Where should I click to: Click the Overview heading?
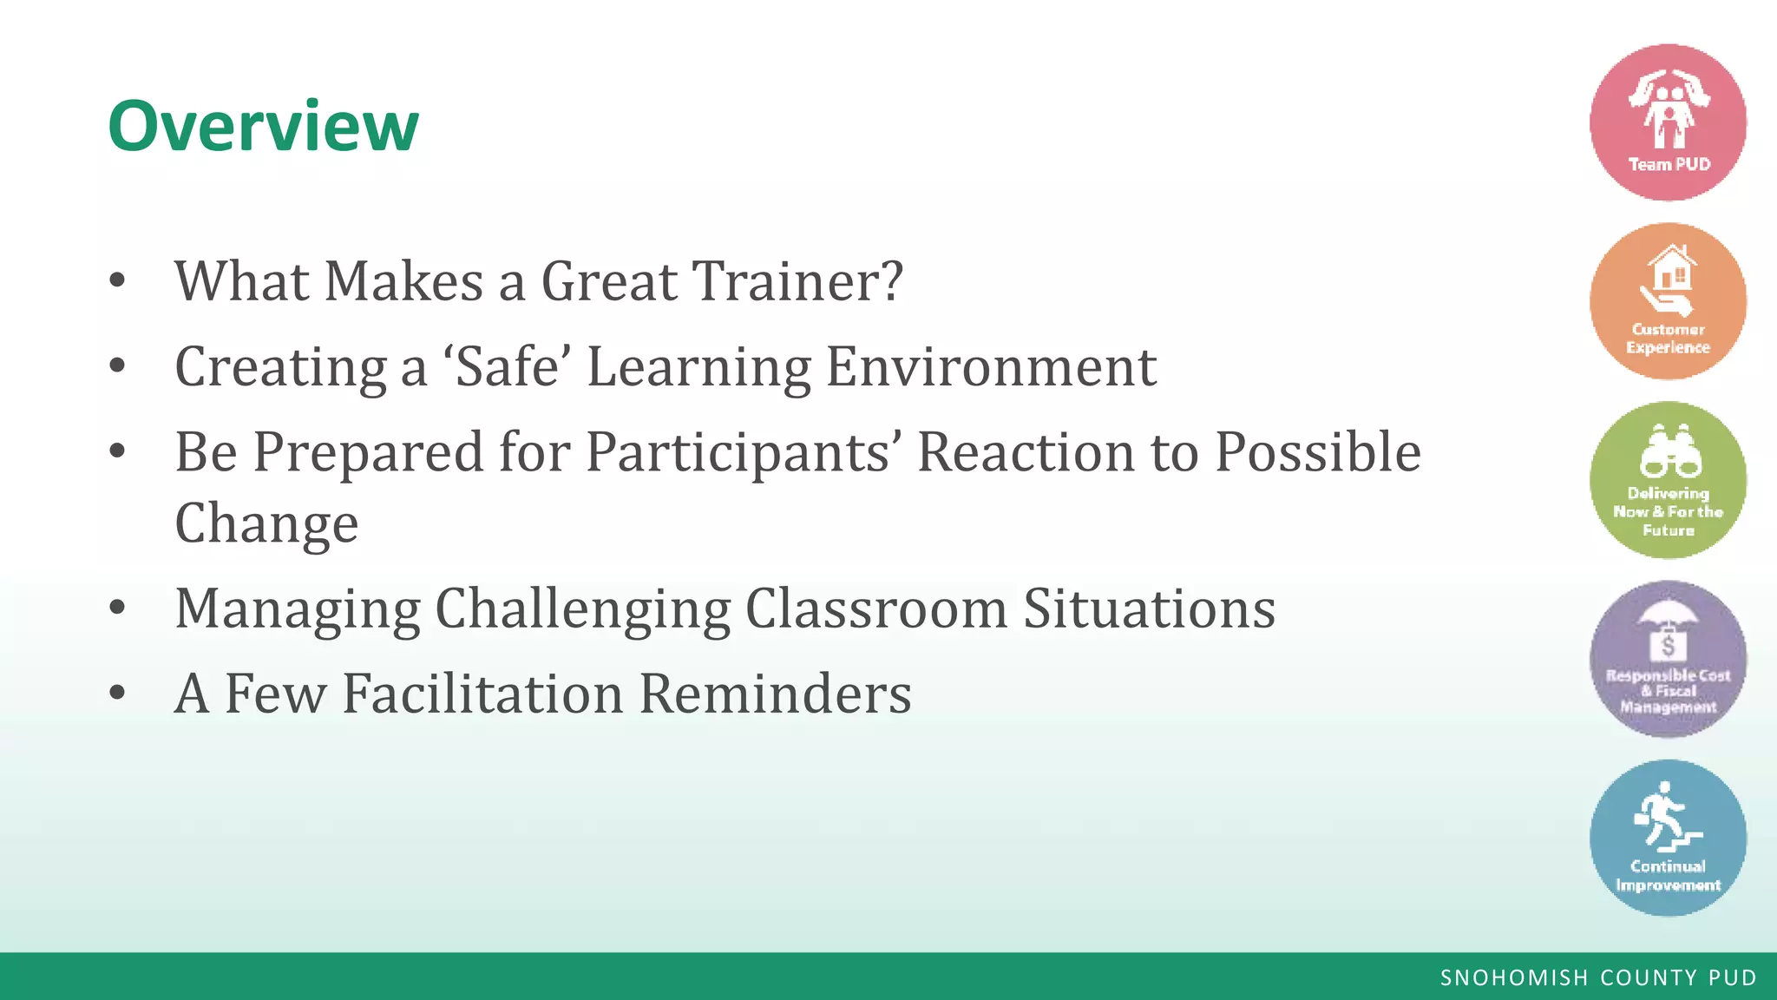pyautogui.click(x=263, y=126)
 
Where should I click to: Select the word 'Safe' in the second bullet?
pyautogui.click(x=508, y=366)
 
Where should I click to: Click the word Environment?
pyautogui.click(x=991, y=366)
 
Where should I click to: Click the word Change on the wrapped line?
pyautogui.click(x=266, y=523)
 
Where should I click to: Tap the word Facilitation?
pyautogui.click(x=482, y=694)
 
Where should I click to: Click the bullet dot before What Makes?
pyautogui.click(x=118, y=280)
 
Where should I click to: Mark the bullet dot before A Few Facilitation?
pyautogui.click(x=118, y=693)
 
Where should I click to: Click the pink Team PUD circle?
pyautogui.click(x=1668, y=122)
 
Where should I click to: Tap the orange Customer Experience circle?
pyautogui.click(x=1668, y=301)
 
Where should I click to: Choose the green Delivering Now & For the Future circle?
pyautogui.click(x=1668, y=480)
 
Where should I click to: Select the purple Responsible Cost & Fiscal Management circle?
pyautogui.click(x=1668, y=660)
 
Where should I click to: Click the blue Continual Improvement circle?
pyautogui.click(x=1668, y=838)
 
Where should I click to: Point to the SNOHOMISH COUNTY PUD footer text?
pyautogui.click(x=1598, y=977)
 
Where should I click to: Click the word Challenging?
pyautogui.click(x=582, y=608)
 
